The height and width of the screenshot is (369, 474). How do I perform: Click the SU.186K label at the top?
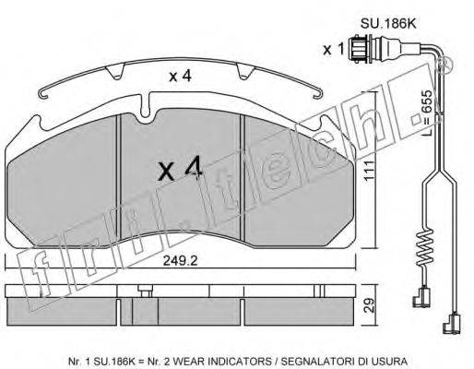pos(388,24)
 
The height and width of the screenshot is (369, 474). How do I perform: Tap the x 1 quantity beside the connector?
pos(333,49)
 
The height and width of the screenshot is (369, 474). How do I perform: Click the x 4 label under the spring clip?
pos(181,76)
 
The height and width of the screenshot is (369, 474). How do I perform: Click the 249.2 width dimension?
pos(180,261)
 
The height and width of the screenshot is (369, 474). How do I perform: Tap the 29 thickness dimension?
pos(369,305)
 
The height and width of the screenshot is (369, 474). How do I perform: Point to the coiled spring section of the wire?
pos(424,247)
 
